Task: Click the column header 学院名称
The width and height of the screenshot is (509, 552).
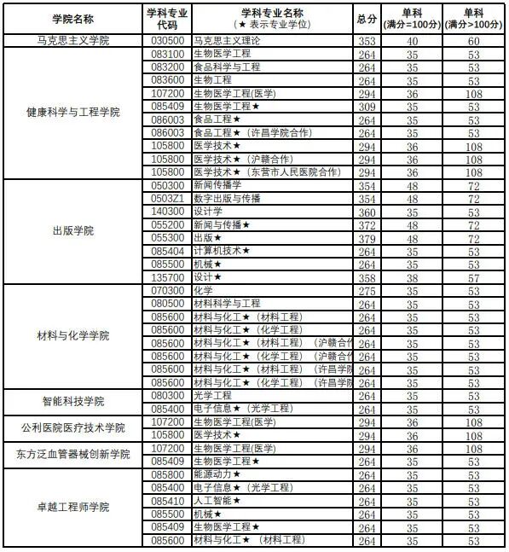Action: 72,18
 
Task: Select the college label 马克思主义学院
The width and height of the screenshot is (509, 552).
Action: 72,40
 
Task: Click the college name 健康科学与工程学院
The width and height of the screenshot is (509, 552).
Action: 72,113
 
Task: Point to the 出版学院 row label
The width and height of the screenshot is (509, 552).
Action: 72,231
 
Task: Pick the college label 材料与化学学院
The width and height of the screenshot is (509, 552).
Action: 72,336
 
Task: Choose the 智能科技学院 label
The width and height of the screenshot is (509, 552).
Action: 72,402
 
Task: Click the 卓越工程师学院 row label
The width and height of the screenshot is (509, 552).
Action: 72,507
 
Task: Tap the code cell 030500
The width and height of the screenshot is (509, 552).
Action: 168,40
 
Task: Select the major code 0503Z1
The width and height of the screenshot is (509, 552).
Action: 168,198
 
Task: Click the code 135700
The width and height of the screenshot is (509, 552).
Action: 168,277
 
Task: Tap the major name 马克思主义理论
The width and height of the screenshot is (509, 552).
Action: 223,40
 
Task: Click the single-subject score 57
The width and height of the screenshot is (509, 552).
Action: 474,277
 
